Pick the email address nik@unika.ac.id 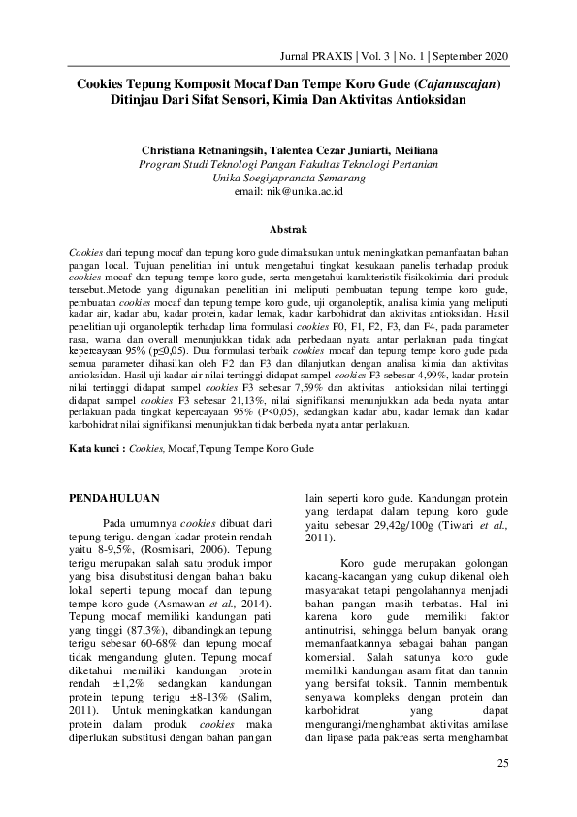289,192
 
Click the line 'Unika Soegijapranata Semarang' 289,179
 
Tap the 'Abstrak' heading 288,230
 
